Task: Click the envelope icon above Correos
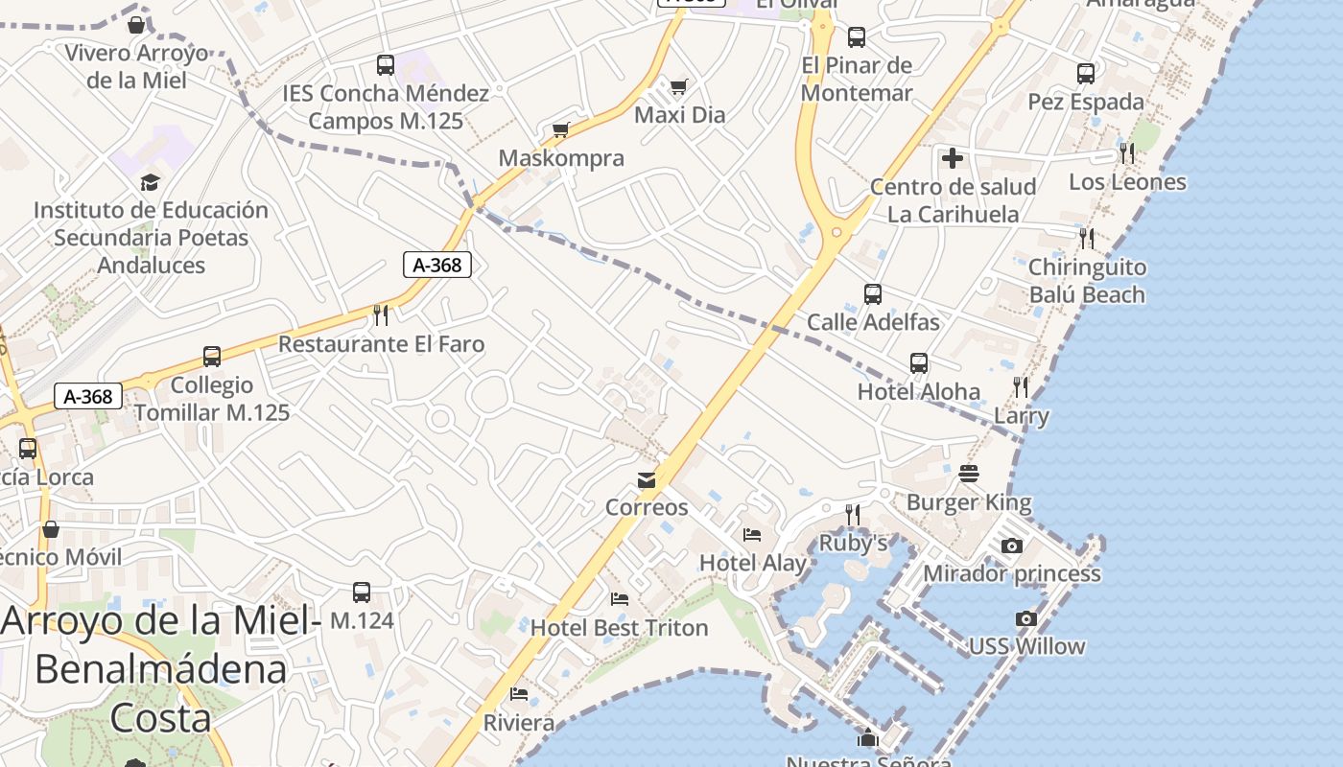tap(647, 479)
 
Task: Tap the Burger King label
tap(969, 502)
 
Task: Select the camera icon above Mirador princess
tap(1011, 546)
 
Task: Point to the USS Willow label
tap(1026, 646)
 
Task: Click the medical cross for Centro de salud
tap(953, 158)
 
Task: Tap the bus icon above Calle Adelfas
tap(872, 294)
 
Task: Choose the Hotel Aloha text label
tap(918, 391)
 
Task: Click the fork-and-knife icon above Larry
tap(1021, 387)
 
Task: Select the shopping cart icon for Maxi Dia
tap(679, 87)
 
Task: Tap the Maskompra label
tap(561, 158)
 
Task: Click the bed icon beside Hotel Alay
tap(752, 534)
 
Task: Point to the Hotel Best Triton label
tap(619, 628)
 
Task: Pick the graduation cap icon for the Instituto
tap(150, 182)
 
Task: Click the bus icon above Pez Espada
tap(1085, 74)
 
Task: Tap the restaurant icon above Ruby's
tap(852, 515)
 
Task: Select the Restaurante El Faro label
tap(381, 343)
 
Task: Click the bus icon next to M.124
tap(362, 593)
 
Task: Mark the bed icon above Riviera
tap(519, 693)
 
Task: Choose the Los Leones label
tap(1127, 181)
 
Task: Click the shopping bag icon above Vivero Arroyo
tap(136, 25)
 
